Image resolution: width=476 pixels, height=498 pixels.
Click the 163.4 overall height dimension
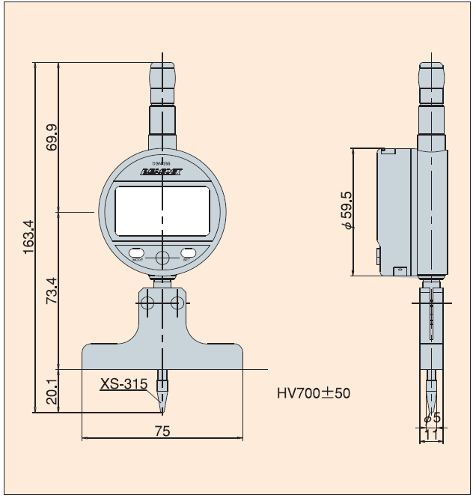pyautogui.click(x=28, y=236)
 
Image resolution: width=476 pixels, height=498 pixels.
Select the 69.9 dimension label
pyautogui.click(x=52, y=137)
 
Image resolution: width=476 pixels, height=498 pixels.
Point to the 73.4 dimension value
pyautogui.click(x=52, y=291)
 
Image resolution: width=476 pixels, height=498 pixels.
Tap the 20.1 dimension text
pyautogui.click(x=52, y=392)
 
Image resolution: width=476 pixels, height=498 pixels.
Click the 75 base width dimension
pyautogui.click(x=162, y=431)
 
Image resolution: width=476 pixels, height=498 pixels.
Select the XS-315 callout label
pyautogui.click(x=124, y=385)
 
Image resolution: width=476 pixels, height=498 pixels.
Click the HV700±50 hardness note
pyautogui.click(x=314, y=392)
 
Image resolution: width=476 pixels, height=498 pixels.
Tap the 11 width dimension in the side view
pyautogui.click(x=432, y=434)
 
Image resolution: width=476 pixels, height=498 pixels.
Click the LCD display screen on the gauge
pyautogui.click(x=162, y=210)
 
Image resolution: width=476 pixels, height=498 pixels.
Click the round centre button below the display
pyautogui.click(x=162, y=258)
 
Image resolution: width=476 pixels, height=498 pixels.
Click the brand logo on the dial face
pyautogui.click(x=162, y=173)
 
